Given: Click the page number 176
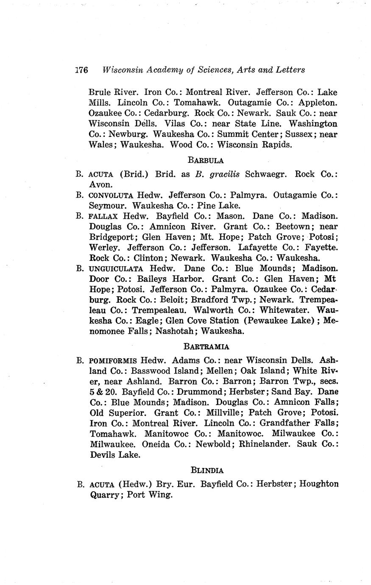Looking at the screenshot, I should [x=81, y=70].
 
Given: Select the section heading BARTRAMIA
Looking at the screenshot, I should [x=207, y=347].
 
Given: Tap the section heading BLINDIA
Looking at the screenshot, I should [x=207, y=470].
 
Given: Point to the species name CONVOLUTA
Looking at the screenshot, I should [x=112, y=195].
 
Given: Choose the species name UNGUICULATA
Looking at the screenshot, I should [x=116, y=269].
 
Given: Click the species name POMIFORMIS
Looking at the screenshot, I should [x=113, y=361].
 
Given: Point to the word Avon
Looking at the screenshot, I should [x=100, y=185].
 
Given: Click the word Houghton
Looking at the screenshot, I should [x=319, y=484].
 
